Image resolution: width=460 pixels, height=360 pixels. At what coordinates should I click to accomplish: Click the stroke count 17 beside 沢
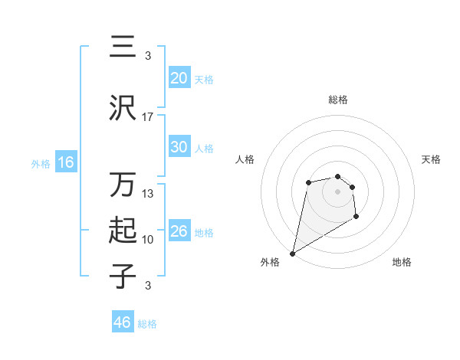pos(148,117)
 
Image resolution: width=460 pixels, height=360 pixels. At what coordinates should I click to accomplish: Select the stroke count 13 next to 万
pos(148,194)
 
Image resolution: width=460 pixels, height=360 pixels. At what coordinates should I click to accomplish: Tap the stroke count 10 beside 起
pos(148,240)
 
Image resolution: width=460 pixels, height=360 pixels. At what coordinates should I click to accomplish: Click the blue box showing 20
pos(179,77)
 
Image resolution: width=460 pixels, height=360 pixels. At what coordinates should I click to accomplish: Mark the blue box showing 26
pos(179,231)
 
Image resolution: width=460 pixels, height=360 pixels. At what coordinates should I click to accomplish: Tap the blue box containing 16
pos(65,162)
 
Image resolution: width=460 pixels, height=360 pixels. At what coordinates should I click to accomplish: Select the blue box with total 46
pos(122,322)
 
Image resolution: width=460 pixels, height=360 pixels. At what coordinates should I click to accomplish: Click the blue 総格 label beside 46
pos(147,324)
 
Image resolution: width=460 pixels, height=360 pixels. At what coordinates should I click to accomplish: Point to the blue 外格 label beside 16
pos(41,163)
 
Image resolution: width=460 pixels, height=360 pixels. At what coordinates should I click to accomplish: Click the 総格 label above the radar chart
pos(338,100)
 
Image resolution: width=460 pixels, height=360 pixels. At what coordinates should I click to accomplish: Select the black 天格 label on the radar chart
pos(431,159)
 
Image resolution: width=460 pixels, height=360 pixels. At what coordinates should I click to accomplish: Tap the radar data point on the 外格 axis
pos(292,253)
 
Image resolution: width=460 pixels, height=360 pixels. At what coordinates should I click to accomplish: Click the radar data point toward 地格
pos(356,218)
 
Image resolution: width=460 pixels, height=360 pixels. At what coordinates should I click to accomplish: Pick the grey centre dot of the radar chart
pos(337,191)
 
